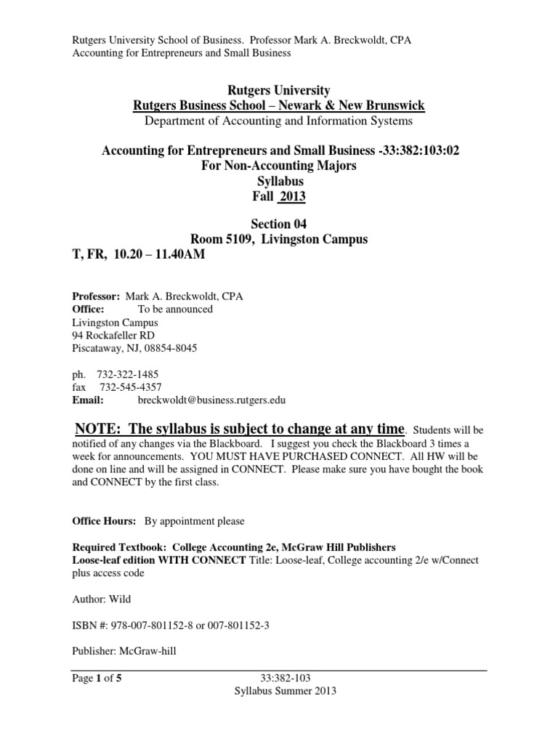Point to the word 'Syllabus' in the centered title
[279, 181]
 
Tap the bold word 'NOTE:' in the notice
[99, 427]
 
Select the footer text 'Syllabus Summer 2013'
[279, 692]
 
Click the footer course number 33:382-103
[280, 679]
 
